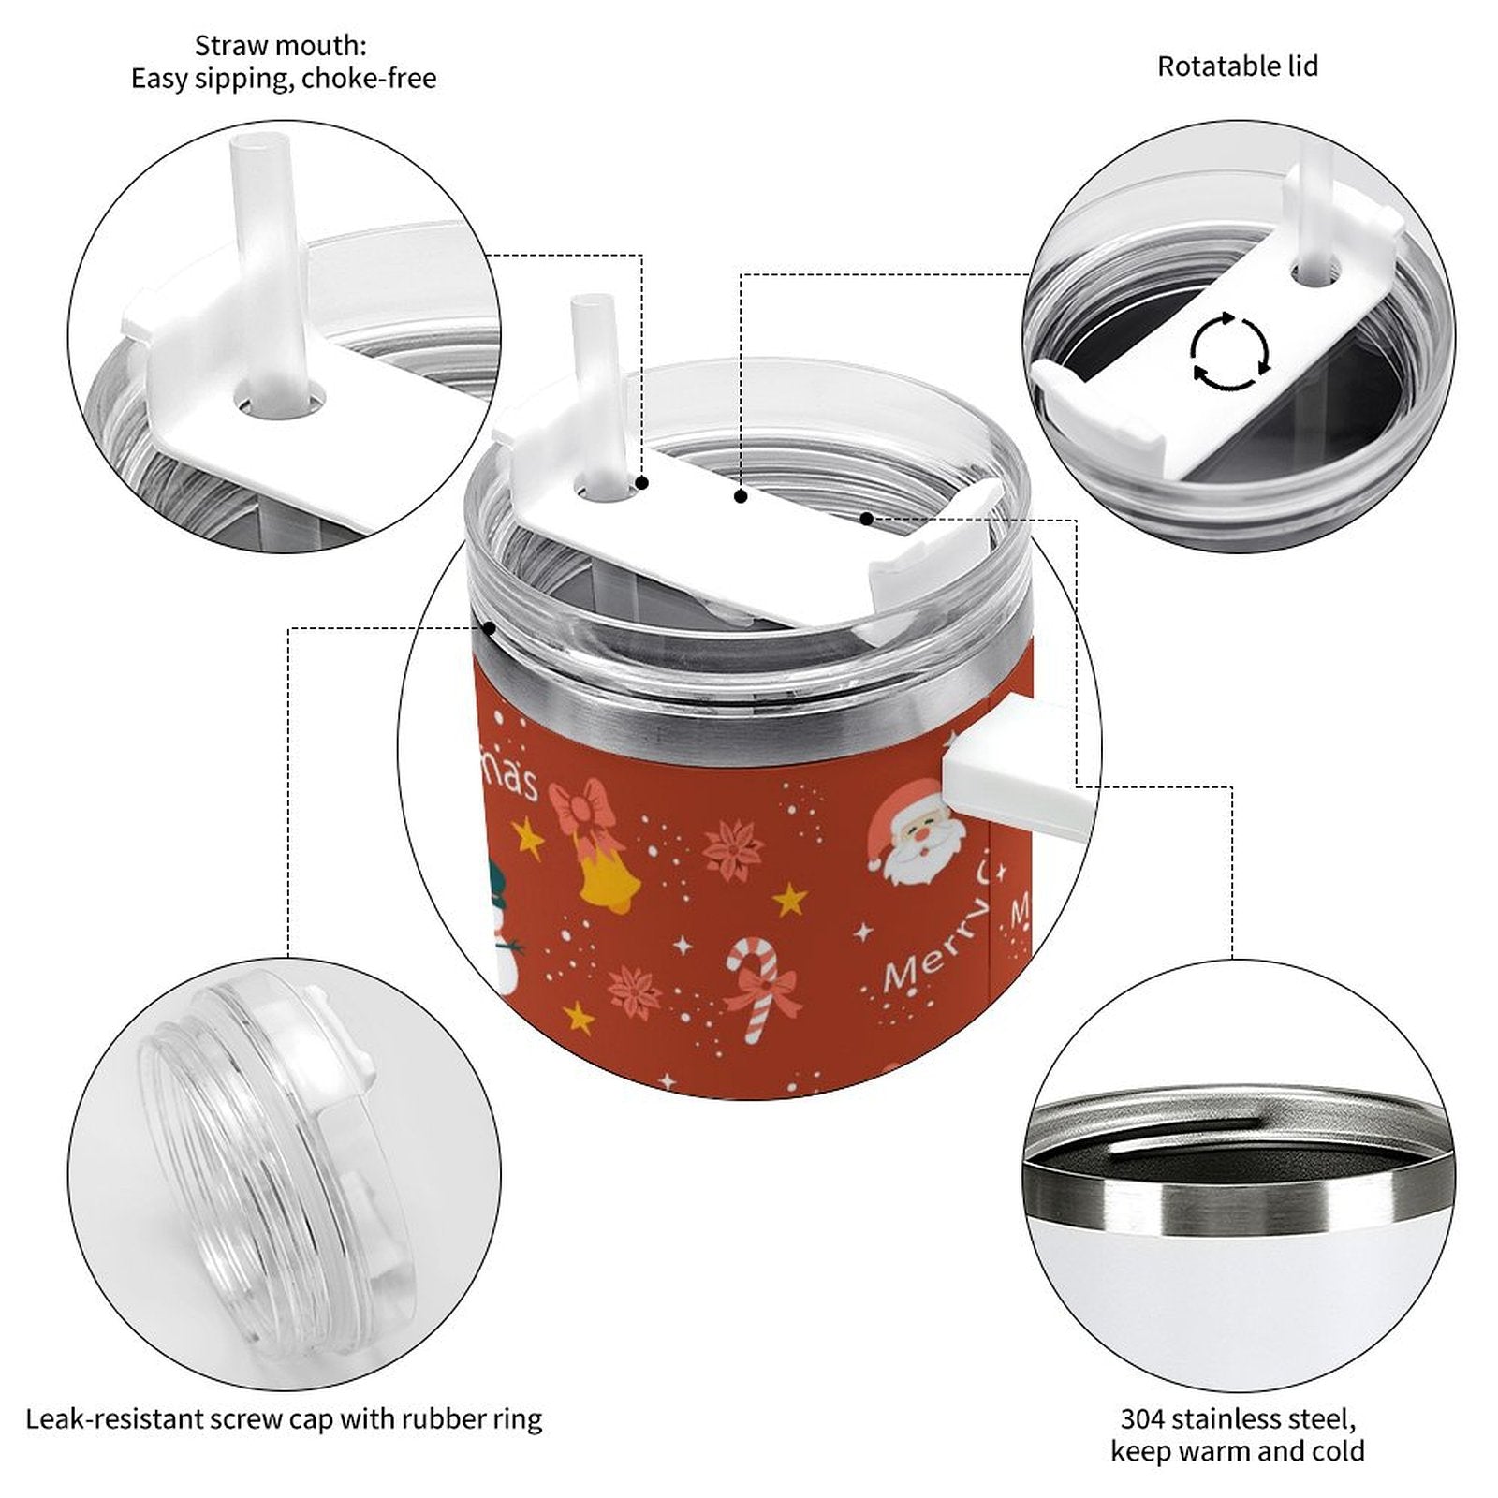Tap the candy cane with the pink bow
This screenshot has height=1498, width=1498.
click(x=759, y=991)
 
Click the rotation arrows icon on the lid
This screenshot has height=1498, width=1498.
click(x=1230, y=352)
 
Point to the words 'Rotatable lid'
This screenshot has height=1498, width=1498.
click(x=1238, y=66)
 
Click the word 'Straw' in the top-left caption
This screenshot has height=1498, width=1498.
click(x=228, y=45)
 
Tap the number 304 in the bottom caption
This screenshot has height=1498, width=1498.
click(x=1144, y=1418)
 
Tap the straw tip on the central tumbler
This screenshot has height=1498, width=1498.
click(x=592, y=305)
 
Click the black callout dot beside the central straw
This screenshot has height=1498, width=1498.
click(x=642, y=483)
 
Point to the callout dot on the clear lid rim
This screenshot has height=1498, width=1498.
click(x=488, y=628)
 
